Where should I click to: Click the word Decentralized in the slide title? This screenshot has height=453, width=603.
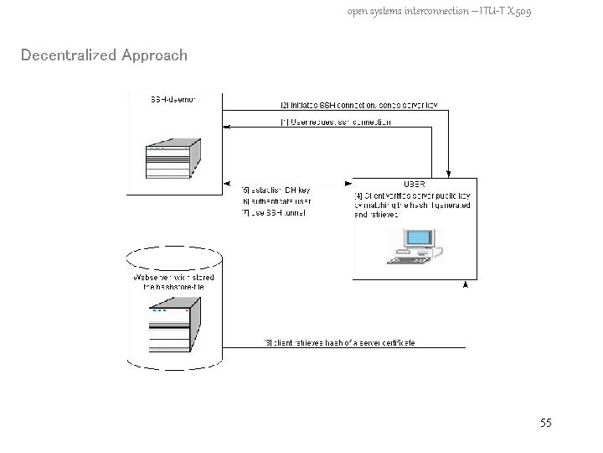69,55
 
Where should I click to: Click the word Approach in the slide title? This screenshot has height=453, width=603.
154,56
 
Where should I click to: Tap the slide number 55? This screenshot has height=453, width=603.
546,423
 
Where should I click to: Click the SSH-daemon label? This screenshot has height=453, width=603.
173,101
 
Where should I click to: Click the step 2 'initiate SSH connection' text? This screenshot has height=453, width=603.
358,105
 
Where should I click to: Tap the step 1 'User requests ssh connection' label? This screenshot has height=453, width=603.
335,122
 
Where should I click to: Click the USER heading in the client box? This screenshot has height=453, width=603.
415,184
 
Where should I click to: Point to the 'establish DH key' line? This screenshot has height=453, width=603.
276,190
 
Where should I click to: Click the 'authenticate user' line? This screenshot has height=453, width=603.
276,201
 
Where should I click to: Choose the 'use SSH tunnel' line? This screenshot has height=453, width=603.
274,212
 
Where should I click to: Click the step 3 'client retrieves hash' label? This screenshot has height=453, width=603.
339,342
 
